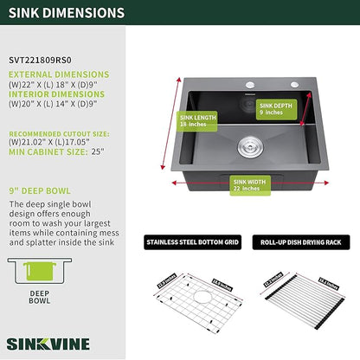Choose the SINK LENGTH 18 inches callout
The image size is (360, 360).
198,120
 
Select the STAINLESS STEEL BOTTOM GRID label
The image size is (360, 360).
190,243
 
